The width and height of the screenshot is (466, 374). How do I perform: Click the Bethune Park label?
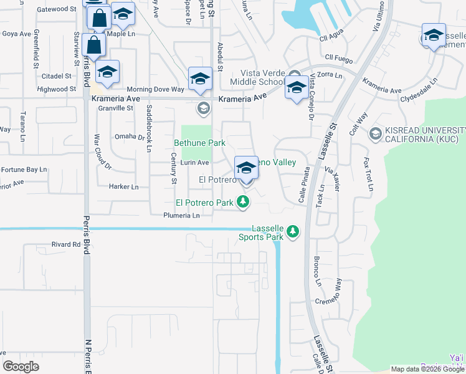point(199,143)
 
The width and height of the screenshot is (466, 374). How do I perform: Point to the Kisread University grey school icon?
point(375,133)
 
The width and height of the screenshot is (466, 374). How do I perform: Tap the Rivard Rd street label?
point(67,245)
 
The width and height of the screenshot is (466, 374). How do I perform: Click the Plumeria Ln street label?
point(181,216)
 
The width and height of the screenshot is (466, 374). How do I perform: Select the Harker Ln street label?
point(123,186)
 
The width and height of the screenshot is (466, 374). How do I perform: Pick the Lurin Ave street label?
point(194,162)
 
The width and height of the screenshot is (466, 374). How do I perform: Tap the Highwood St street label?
point(56,89)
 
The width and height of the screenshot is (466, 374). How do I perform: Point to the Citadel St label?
point(57,76)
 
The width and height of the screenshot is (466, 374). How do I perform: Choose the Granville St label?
point(117,108)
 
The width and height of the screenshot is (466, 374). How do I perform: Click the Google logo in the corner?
point(21,367)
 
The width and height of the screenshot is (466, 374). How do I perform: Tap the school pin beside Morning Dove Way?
point(200,79)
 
